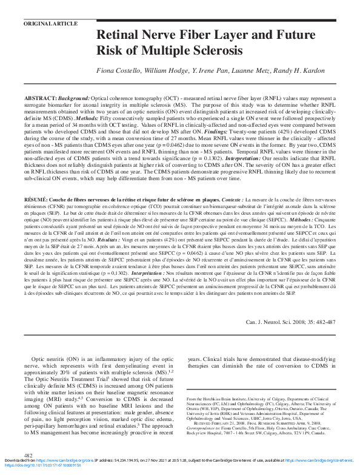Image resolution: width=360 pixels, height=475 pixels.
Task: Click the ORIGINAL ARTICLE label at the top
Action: click(50, 23)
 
